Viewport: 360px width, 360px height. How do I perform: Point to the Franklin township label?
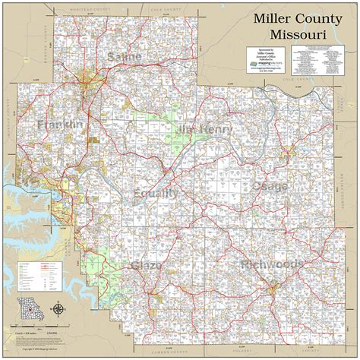(x=60, y=125)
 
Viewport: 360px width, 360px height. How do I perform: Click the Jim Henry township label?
(x=204, y=130)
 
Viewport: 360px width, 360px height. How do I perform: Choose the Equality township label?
(x=155, y=193)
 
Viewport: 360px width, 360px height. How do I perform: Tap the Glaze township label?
(x=146, y=265)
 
